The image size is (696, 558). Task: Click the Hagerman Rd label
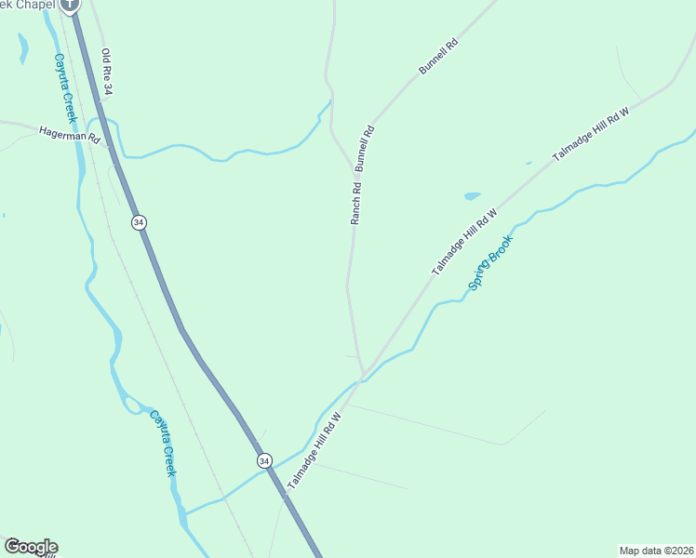click(x=69, y=135)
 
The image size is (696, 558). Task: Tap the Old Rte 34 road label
click(x=107, y=73)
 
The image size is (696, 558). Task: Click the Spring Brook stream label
click(x=490, y=262)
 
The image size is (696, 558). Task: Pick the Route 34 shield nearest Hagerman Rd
click(x=139, y=222)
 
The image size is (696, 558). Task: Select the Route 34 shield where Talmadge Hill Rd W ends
click(x=264, y=460)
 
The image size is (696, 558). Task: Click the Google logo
click(x=31, y=547)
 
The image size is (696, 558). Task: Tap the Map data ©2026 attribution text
click(x=656, y=551)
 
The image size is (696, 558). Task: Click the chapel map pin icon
click(x=70, y=5)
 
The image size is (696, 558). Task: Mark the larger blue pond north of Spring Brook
click(x=472, y=196)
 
